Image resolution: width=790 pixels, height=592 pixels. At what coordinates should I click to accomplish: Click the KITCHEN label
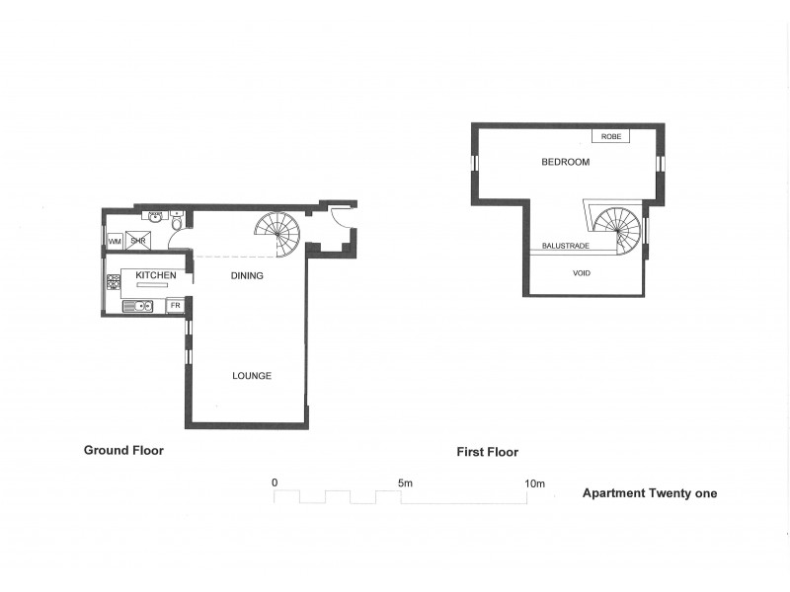click(156, 275)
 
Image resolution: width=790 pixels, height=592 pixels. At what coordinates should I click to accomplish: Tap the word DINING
click(247, 275)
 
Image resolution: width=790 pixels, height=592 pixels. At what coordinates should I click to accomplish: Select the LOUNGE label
click(252, 376)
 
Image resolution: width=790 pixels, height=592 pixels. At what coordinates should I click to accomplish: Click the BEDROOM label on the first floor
click(565, 162)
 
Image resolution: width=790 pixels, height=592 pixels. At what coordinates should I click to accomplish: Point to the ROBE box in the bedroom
click(609, 136)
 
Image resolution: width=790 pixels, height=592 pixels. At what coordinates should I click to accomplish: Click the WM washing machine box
click(115, 240)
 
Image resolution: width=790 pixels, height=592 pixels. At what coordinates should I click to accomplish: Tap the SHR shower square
click(138, 240)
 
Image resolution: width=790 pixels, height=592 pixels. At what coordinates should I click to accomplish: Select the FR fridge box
click(175, 306)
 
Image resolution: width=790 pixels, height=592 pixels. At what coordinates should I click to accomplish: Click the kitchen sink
click(138, 306)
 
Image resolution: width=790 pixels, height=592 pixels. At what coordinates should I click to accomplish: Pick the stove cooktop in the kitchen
click(114, 282)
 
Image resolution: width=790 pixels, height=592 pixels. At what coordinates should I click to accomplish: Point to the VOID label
click(582, 273)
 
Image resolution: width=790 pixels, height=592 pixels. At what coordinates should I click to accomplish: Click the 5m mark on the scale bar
click(405, 483)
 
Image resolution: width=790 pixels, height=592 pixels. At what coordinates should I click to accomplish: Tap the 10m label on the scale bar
click(534, 483)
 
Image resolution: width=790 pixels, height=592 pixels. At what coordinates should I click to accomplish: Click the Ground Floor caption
click(123, 450)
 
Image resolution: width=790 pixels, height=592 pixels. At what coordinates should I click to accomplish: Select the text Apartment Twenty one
click(650, 493)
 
